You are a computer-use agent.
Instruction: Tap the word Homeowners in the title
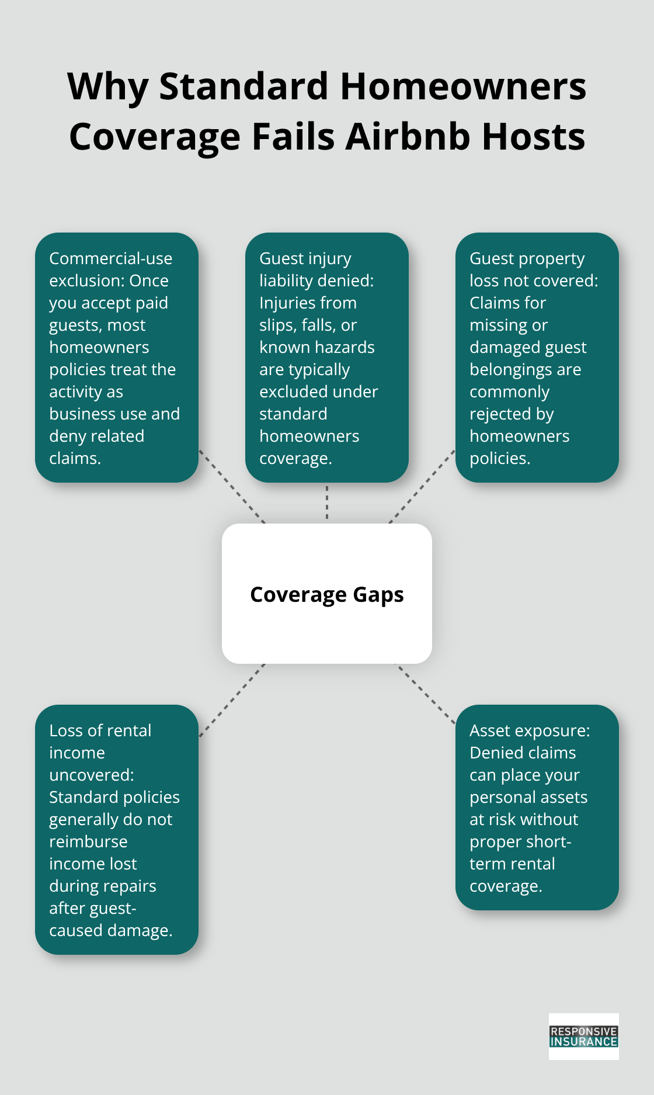[463, 87]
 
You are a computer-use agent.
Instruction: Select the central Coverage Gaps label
[327, 594]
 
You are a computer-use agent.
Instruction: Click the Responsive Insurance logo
[583, 1037]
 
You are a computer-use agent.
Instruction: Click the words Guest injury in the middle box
[305, 258]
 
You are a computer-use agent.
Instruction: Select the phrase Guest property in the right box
[527, 258]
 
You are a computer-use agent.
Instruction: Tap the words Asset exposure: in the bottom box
[530, 730]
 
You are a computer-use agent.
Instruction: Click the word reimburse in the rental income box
[88, 841]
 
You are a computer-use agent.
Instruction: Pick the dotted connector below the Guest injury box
[327, 503]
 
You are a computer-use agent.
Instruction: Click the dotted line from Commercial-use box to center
[232, 486]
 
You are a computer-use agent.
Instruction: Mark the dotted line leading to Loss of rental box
[232, 699]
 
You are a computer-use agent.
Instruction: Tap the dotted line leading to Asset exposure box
[426, 694]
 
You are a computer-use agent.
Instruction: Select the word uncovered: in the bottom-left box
[92, 775]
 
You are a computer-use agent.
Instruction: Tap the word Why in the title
[108, 87]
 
